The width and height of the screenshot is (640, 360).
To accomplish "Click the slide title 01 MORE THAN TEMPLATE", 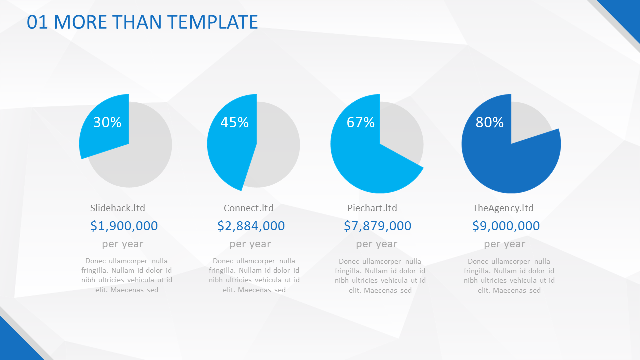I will point(142,22).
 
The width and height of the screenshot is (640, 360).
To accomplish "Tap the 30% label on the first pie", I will point(107,122).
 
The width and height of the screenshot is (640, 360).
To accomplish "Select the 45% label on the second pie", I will point(235,122).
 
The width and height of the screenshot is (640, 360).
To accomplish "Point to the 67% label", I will point(361,122).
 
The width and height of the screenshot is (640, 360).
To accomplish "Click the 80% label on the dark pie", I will point(490,122).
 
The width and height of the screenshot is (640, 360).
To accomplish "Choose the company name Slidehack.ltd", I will point(118,208).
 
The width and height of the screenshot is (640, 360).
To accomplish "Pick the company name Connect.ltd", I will point(249,208).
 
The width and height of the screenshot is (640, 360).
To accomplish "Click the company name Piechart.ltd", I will point(372,208).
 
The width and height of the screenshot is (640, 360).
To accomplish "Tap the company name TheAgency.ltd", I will point(503,208).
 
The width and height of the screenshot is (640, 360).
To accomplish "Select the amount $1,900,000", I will point(124,226).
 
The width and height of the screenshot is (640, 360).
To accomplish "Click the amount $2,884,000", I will point(251,226).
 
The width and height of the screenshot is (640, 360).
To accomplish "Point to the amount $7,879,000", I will point(378,226).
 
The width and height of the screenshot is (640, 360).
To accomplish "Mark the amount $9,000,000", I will point(506,226).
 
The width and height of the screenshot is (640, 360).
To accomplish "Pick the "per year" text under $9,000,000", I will point(505,244).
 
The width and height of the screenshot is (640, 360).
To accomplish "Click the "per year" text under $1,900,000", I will point(123,244).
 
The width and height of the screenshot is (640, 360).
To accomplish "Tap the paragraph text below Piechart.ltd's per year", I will point(380,276).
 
